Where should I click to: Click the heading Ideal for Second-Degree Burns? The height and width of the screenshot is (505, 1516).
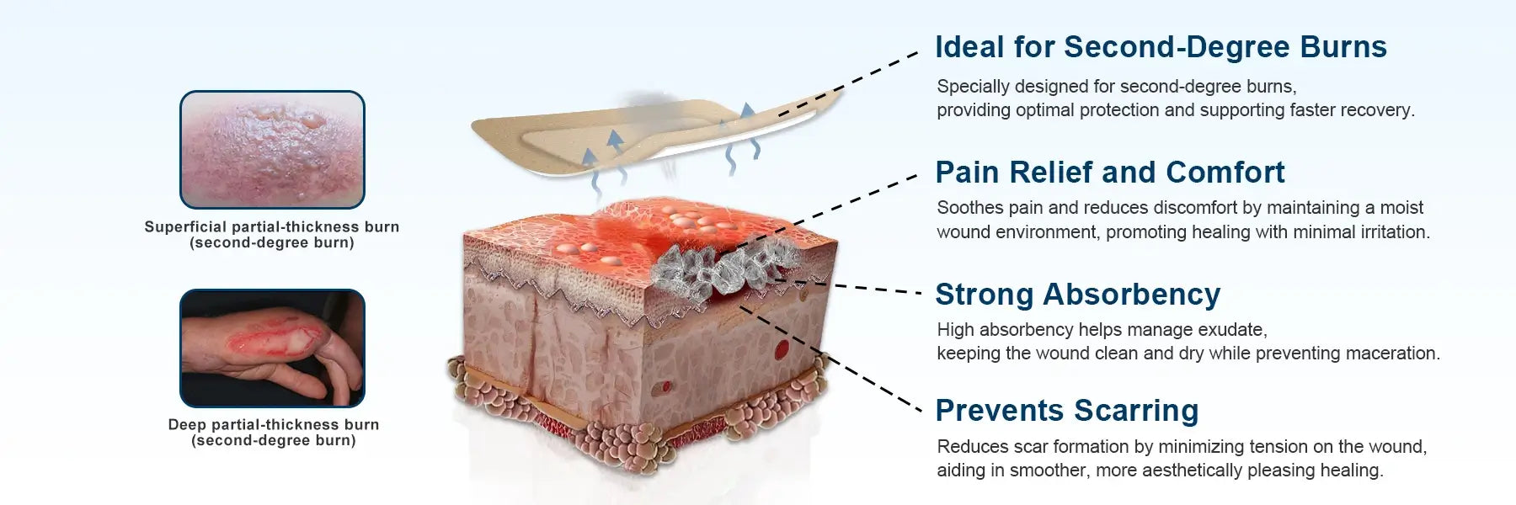tap(1161, 47)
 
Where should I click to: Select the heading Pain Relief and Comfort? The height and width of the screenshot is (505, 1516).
tap(1110, 173)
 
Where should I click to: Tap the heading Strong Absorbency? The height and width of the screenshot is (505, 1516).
tap(1078, 295)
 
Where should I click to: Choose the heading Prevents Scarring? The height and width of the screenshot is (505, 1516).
tap(1067, 411)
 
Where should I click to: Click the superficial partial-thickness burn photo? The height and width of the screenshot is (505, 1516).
tap(272, 150)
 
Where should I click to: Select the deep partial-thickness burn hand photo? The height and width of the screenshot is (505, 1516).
tap(272, 348)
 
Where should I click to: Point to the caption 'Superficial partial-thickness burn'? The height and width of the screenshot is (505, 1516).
tap(272, 226)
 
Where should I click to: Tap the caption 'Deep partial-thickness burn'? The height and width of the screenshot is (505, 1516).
tap(274, 424)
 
